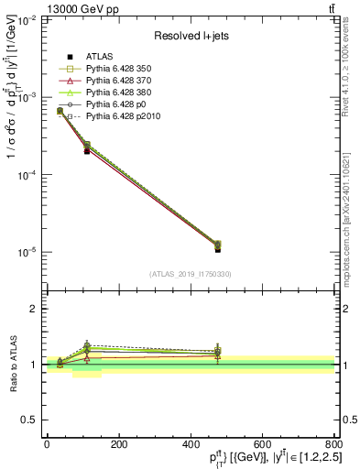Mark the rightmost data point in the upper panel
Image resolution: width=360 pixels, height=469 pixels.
pyautogui.click(x=217, y=247)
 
